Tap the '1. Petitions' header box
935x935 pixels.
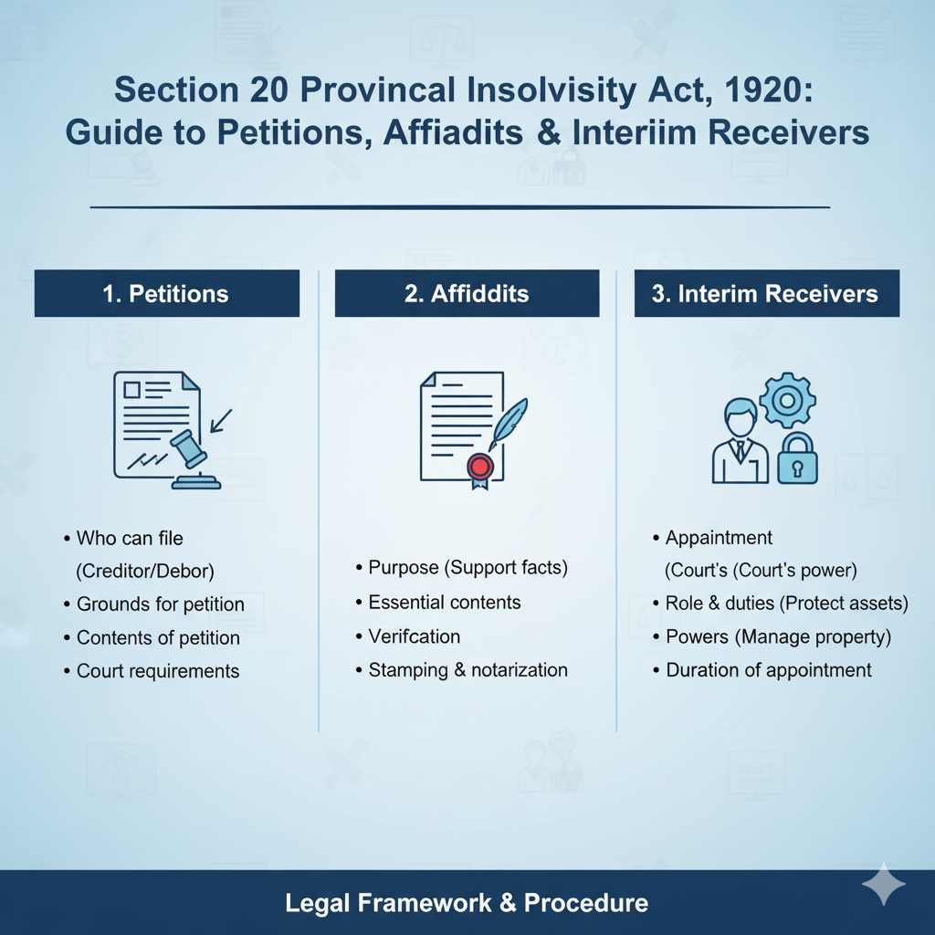pyautogui.click(x=167, y=293)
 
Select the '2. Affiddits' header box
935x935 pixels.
pyautogui.click(x=467, y=293)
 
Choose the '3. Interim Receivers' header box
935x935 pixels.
pyautogui.click(x=767, y=293)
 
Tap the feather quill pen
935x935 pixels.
pyautogui.click(x=508, y=424)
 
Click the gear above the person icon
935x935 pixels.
pyautogui.click(x=787, y=400)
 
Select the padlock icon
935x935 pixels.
pyautogui.click(x=797, y=458)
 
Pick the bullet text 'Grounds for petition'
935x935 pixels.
pyautogui.click(x=161, y=604)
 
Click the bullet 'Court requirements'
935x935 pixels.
pyautogui.click(x=158, y=671)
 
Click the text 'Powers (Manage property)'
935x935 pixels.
pyautogui.click(x=778, y=636)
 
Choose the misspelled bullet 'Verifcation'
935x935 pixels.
pyautogui.click(x=415, y=636)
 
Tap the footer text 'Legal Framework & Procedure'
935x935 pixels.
pyautogui.click(x=467, y=903)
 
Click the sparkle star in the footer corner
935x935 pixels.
pyautogui.click(x=884, y=884)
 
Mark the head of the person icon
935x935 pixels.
pyautogui.click(x=741, y=416)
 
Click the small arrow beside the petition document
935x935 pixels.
pyautogui.click(x=221, y=420)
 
